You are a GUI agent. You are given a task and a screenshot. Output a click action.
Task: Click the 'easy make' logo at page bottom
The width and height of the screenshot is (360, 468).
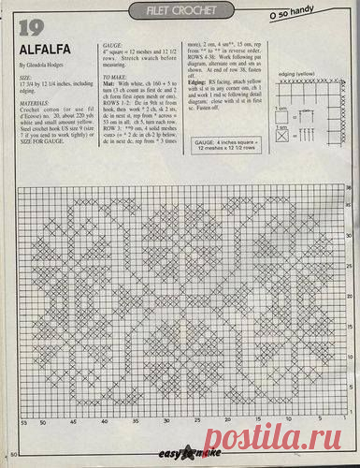pos(186,454)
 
